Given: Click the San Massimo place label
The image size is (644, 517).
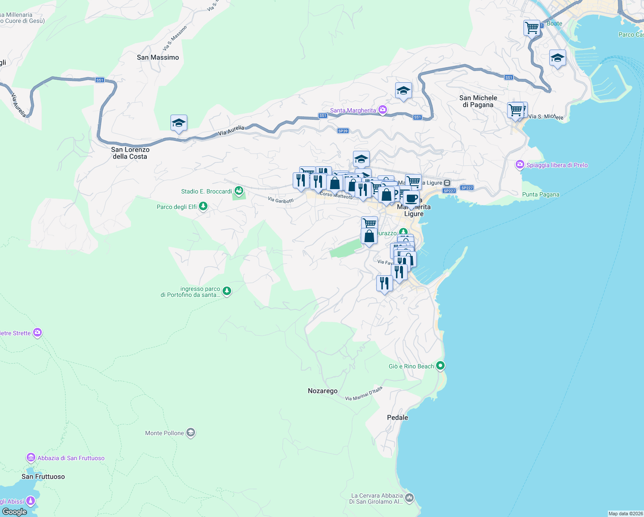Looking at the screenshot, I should click(x=158, y=57).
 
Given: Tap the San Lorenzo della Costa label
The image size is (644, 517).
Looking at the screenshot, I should click(x=130, y=153).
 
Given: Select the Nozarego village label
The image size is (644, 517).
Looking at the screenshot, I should click(x=322, y=391).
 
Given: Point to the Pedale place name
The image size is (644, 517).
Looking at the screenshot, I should click(x=397, y=417).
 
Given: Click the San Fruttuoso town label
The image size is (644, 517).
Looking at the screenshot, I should click(x=43, y=477).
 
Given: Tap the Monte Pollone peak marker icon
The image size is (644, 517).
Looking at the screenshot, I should click(x=191, y=433).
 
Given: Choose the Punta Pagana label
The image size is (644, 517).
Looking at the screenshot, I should click(x=540, y=194).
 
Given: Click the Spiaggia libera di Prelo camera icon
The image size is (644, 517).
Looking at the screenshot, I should click(x=520, y=165).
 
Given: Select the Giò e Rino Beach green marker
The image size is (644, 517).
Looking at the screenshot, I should click(x=440, y=366).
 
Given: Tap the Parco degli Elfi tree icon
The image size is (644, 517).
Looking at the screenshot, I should click(x=203, y=206).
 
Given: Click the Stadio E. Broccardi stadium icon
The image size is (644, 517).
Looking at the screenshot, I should click(x=239, y=190).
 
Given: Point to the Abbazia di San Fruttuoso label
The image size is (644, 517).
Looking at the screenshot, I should click(x=71, y=458).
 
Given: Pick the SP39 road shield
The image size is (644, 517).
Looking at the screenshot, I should click(x=343, y=131).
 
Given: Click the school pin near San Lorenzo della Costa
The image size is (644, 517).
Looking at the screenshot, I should click(x=179, y=123).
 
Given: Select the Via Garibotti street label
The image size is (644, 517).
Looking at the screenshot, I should click(x=281, y=200).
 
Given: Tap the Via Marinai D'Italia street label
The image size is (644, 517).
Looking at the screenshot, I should click(x=363, y=394).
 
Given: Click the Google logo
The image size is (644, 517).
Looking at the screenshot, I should click(x=14, y=512).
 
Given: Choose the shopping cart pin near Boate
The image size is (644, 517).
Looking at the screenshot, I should click(x=532, y=28).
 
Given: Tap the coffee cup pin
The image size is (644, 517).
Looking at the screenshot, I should click(x=411, y=198).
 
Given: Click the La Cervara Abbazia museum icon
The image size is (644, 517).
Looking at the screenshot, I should click(x=409, y=498).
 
